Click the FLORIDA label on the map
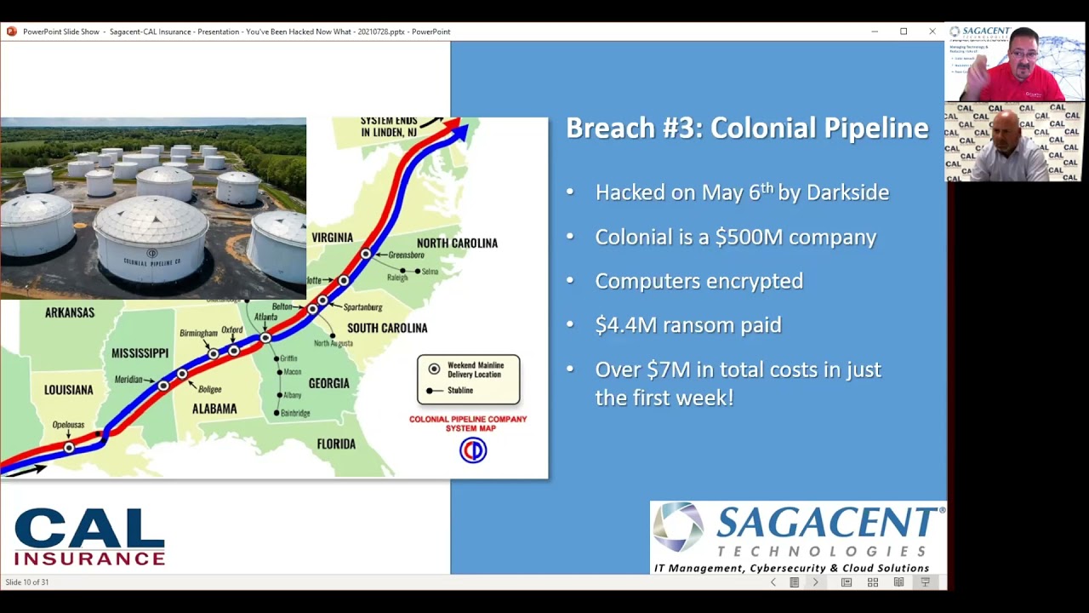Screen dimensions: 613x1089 [336, 444]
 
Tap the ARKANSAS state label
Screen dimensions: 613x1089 [70, 312]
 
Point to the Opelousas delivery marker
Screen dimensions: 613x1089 [69, 447]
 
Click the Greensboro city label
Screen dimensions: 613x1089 [406, 255]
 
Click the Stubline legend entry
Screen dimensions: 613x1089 [459, 391]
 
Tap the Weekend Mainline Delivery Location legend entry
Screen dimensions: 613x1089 [476, 370]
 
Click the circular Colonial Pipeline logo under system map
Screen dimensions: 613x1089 [473, 450]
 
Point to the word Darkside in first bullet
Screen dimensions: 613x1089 [847, 192]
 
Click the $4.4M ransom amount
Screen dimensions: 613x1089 [629, 324]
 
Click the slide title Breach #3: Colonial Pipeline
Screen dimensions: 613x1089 [747, 128]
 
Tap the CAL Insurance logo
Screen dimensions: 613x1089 [89, 536]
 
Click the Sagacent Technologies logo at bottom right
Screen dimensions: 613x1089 [798, 537]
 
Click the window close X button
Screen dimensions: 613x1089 [932, 32]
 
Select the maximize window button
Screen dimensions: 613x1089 [904, 32]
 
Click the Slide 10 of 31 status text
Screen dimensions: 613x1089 [27, 582]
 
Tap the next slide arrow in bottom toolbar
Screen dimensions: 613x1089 [815, 582]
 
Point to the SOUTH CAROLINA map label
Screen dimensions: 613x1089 [387, 328]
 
